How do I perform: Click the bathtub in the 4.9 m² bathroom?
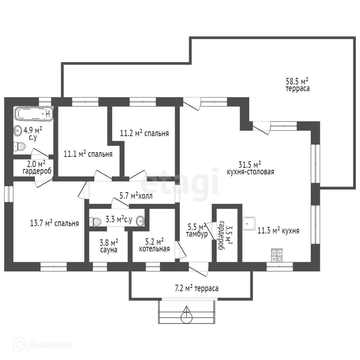[34, 114]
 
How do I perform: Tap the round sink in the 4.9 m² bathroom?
[18, 131]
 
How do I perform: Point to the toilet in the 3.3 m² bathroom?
[95, 221]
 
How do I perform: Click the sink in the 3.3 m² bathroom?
[140, 221]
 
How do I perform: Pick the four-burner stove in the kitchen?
[277, 255]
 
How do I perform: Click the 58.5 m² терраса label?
[297, 85]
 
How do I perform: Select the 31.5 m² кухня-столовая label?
[250, 168]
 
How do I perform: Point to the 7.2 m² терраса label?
[197, 288]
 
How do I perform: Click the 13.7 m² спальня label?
[54, 223]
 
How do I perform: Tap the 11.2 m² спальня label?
[144, 133]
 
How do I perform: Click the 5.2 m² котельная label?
[154, 245]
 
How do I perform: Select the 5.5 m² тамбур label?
[197, 231]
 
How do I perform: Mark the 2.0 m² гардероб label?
[37, 168]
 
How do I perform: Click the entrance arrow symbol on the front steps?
[187, 315]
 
